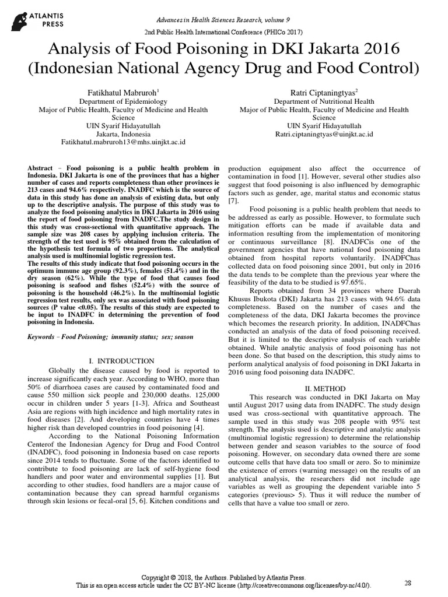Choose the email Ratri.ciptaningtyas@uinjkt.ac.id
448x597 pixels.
coord(324,134)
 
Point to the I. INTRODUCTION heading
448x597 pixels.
coord(122,361)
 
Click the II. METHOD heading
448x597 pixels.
coord(325,388)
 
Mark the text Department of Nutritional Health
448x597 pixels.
coord(324,101)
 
